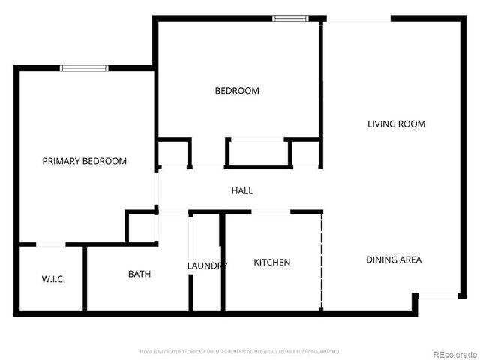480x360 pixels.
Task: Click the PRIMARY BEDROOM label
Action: pyautogui.click(x=84, y=161)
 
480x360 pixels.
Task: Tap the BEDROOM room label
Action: pyautogui.click(x=237, y=91)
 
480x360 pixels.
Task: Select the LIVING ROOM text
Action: pyautogui.click(x=396, y=124)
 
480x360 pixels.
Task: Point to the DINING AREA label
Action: pyautogui.click(x=394, y=259)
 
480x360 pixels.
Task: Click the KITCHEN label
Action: pyautogui.click(x=271, y=262)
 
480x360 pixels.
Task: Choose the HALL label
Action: pyautogui.click(x=241, y=190)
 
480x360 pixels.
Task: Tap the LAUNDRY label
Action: pyautogui.click(x=206, y=265)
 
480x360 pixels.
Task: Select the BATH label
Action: pyautogui.click(x=139, y=274)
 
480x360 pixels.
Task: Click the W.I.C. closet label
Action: pyautogui.click(x=53, y=279)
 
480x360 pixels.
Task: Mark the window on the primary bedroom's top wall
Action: pyautogui.click(x=84, y=68)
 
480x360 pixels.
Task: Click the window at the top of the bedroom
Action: pyautogui.click(x=289, y=18)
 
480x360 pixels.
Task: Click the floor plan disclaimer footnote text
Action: pyautogui.click(x=240, y=351)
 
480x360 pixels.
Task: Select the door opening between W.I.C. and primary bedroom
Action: pyautogui.click(x=50, y=244)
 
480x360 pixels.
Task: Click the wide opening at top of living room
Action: pyautogui.click(x=357, y=20)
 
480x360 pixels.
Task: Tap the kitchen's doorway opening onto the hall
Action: pyautogui.click(x=271, y=212)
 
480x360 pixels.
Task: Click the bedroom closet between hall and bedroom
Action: pyautogui.click(x=258, y=153)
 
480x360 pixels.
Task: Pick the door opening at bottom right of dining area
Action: pyautogui.click(x=438, y=296)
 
